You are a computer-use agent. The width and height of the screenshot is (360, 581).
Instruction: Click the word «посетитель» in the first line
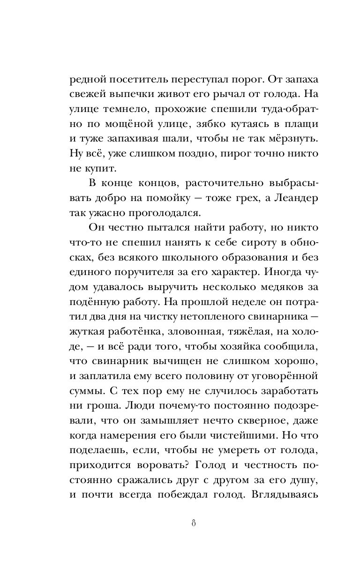(x=137, y=80)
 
